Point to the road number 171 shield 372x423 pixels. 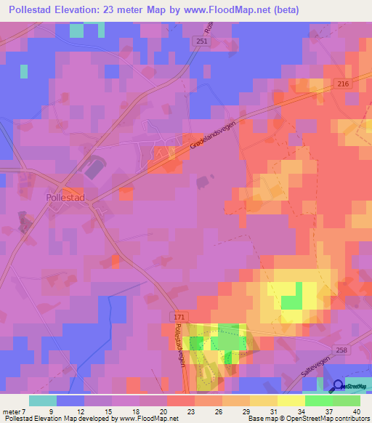click(x=179, y=318)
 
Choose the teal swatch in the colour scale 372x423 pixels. click(x=42, y=400)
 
